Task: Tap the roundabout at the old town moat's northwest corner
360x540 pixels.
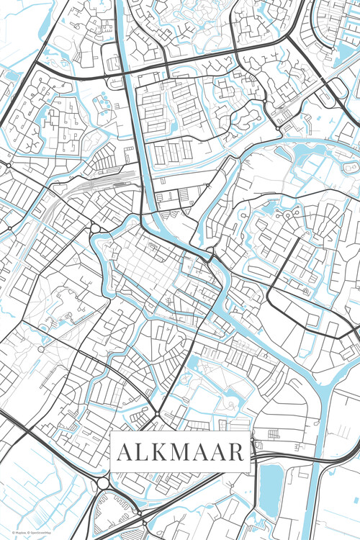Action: point(94,229)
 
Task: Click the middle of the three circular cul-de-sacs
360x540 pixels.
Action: point(287,214)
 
